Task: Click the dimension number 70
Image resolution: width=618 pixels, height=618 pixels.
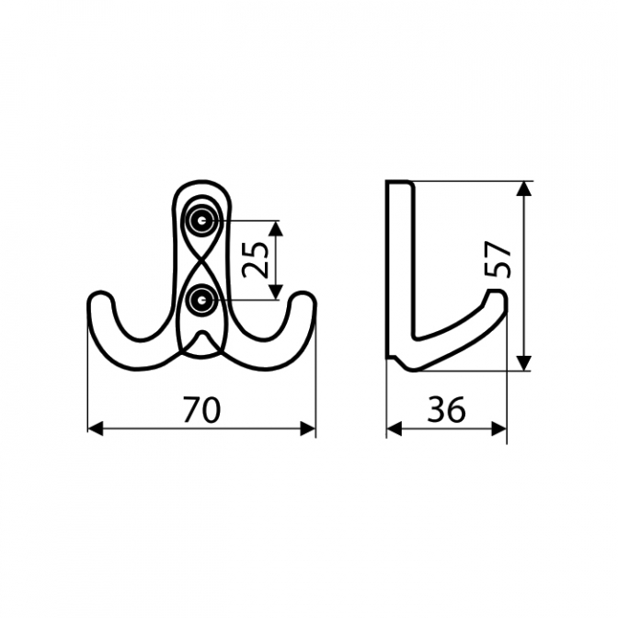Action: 201,410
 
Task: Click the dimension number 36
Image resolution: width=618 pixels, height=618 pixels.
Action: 446,410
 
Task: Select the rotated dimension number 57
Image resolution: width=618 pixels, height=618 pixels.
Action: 498,259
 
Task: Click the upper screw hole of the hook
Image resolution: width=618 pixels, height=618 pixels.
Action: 202,221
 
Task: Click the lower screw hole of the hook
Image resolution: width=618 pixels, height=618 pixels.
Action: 202,300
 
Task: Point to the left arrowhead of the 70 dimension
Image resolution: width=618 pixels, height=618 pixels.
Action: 95,429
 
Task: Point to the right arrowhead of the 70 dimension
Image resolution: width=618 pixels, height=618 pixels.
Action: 308,429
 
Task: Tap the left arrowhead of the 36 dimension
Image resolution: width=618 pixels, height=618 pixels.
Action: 395,429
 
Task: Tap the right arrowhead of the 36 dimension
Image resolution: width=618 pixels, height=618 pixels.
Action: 499,429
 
